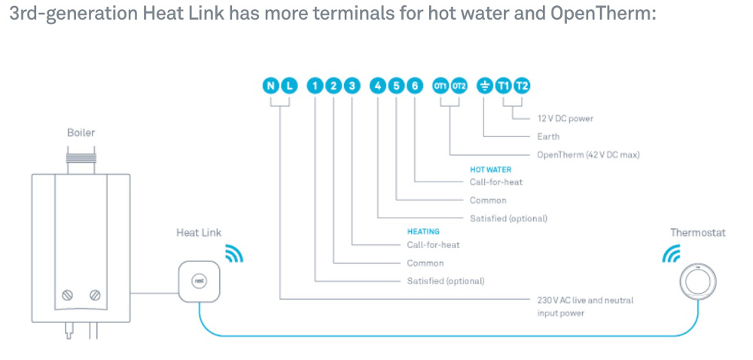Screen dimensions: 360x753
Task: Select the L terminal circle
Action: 289,86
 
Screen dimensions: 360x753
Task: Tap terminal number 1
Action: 316,86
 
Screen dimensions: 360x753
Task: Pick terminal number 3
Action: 352,86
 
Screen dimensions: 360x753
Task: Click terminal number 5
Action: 397,86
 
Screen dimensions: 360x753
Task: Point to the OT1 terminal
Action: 441,86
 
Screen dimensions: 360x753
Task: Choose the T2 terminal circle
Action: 522,86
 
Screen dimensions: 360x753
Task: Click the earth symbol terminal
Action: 486,86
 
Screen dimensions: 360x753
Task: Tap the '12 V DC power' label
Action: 565,119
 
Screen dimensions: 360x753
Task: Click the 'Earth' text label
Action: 548,137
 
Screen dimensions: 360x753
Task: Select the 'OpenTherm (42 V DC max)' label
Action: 583,154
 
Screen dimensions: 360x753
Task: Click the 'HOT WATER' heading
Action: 490,170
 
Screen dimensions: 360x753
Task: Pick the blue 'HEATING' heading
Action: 423,232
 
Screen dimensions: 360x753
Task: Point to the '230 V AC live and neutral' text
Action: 585,300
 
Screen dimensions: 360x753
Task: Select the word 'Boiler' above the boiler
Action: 81,133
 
